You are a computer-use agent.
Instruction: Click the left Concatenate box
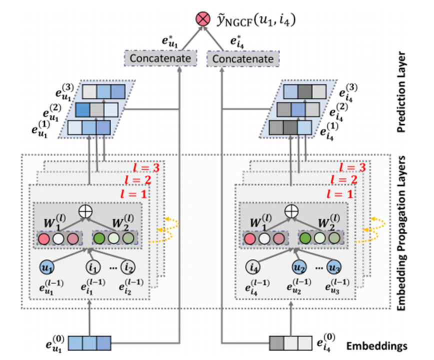click(x=160, y=59)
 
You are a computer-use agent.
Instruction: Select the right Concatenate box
click(x=243, y=59)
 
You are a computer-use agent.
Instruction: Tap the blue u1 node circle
click(x=47, y=268)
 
